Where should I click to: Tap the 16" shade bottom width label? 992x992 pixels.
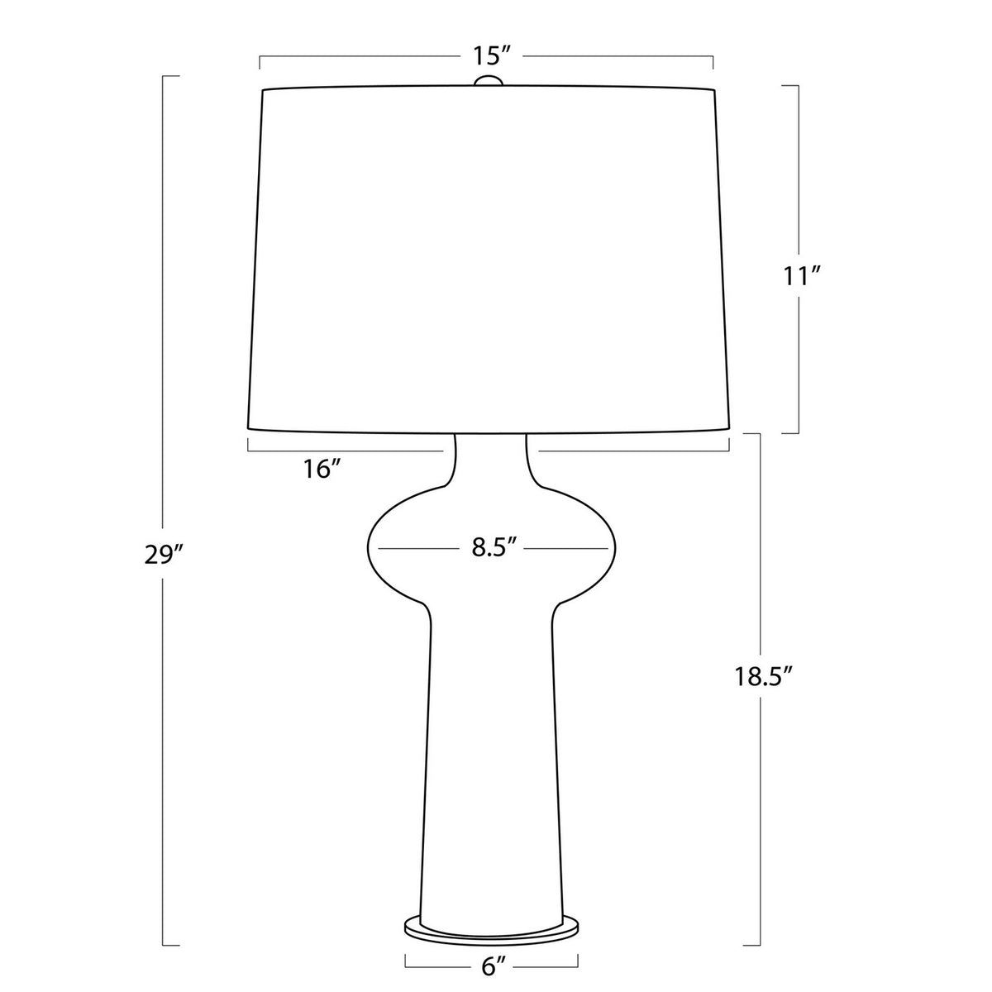[322, 470]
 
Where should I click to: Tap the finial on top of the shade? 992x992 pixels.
[488, 80]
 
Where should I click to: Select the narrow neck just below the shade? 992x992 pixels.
[490, 458]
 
